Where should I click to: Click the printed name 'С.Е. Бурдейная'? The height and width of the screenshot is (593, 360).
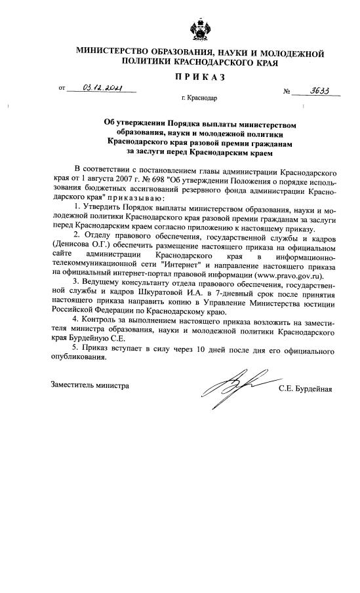tap(305, 388)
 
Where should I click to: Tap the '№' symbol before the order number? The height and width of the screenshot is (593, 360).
tap(287, 92)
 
